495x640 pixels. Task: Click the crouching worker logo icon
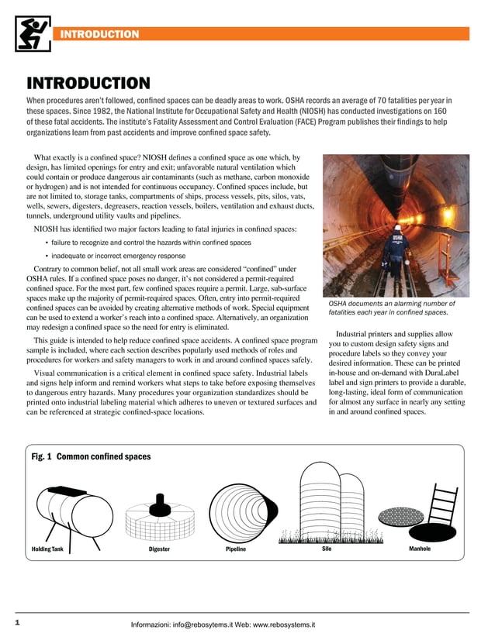pos(33,33)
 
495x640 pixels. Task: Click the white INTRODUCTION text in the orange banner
pos(99,34)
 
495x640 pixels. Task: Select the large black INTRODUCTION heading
pos(88,83)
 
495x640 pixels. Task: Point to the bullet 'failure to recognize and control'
pos(151,243)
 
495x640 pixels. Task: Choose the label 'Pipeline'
pos(236,549)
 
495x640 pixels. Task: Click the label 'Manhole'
pos(419,549)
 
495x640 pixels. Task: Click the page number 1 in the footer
pos(17,622)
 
